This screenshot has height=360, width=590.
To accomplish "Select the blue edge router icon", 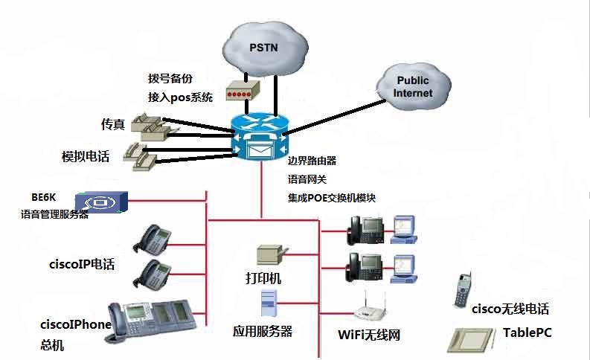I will coord(261,136).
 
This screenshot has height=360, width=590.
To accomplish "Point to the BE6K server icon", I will coord(103,201).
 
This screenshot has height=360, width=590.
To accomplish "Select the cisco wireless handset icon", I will coord(464,289).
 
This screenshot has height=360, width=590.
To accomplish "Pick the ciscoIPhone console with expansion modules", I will coord(153,318).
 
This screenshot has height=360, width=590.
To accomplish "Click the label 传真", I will coord(112,123).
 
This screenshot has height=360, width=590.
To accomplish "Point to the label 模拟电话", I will coord(86,157).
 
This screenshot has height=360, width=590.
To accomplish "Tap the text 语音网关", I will coord(307,179).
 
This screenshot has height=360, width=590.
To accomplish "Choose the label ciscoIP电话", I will coord(81,264).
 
